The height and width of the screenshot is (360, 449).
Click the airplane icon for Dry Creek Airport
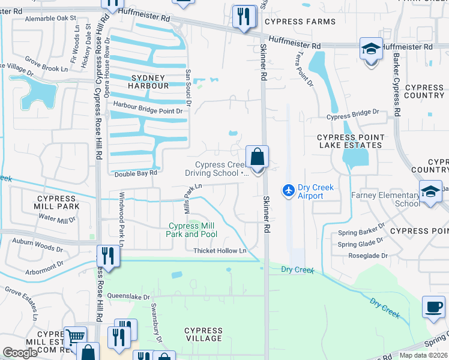(x=289, y=190)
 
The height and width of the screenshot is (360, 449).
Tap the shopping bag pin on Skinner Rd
(x=257, y=158)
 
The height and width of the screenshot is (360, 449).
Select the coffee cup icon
(x=433, y=307)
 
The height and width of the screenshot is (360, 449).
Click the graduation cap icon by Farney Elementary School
(x=430, y=192)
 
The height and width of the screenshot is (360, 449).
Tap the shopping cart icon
(x=74, y=338)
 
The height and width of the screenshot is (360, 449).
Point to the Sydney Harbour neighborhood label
(x=148, y=82)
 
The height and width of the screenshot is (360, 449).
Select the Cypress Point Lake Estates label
(x=350, y=141)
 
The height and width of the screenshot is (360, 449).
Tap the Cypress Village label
(x=203, y=334)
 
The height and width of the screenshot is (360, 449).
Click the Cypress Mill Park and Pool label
(x=191, y=230)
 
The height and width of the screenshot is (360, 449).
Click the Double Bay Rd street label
(x=136, y=173)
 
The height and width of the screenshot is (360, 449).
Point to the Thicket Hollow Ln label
(x=220, y=251)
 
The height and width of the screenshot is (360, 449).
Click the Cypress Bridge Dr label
(x=353, y=112)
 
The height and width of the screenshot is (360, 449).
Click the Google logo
(x=20, y=353)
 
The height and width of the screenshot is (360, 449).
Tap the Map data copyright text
(x=423, y=355)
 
